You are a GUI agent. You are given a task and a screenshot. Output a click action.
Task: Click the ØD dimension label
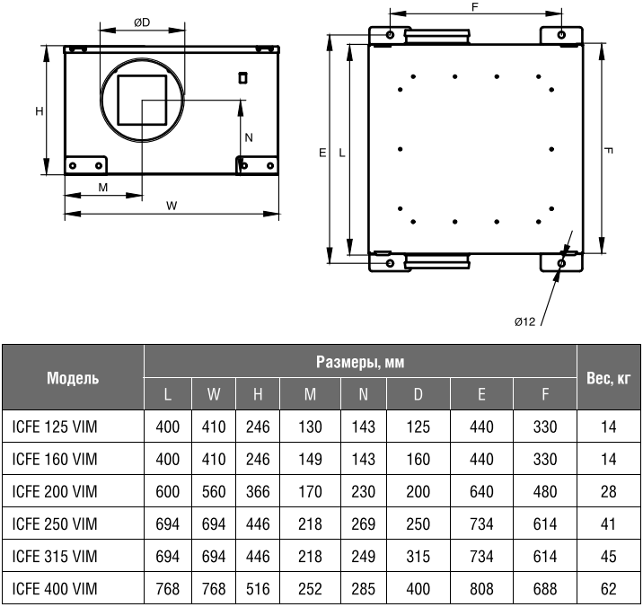142,22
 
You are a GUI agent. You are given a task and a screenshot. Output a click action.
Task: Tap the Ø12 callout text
524,321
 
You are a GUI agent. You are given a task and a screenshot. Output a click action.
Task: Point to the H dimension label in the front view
39,111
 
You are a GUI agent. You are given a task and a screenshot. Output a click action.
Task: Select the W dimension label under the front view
172,206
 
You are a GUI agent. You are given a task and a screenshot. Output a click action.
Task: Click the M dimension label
103,188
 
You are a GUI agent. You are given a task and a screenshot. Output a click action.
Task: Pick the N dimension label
249,137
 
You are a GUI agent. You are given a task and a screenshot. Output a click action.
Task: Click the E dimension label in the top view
322,153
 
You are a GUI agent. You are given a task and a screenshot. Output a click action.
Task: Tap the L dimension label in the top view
341,153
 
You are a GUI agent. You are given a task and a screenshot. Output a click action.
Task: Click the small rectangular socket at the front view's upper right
242,77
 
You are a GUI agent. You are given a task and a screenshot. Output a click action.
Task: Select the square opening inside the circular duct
142,100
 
